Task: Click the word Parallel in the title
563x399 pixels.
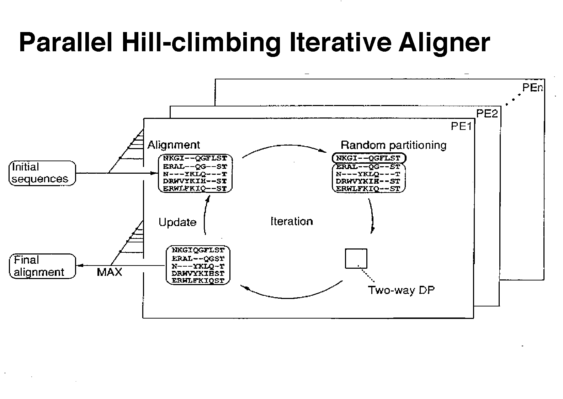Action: point(66,43)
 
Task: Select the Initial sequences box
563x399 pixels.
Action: point(42,173)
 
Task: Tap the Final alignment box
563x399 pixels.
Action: point(42,266)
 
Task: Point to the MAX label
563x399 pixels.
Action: point(109,272)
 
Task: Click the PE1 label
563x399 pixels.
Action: point(461,126)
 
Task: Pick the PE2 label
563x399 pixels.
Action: point(487,114)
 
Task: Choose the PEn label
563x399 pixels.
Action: point(532,88)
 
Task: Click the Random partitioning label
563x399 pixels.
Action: point(393,145)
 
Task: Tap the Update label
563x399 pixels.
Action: point(177,222)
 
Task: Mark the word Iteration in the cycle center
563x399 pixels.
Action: point(292,221)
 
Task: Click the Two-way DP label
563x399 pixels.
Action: point(401,290)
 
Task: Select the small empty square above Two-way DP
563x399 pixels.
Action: point(356,258)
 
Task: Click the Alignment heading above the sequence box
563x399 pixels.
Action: point(174,145)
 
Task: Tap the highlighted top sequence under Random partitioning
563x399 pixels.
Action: point(368,158)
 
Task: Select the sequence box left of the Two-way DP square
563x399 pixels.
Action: point(198,265)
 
